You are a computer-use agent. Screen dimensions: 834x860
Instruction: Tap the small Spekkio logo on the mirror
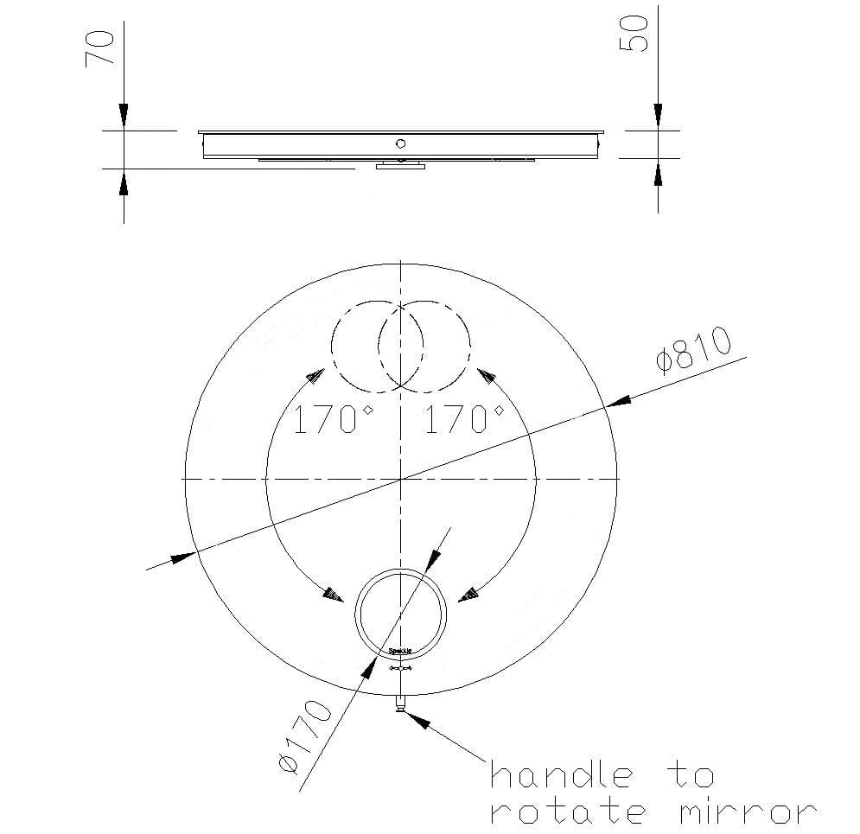click(402, 650)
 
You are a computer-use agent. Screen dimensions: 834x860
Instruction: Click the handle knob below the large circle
click(400, 703)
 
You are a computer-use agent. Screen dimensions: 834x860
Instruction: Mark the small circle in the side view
click(400, 143)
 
